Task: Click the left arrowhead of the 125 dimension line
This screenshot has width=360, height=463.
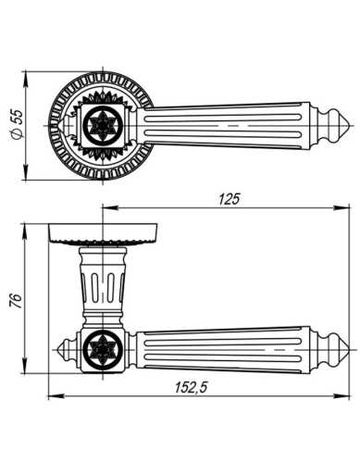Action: [104, 209]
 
